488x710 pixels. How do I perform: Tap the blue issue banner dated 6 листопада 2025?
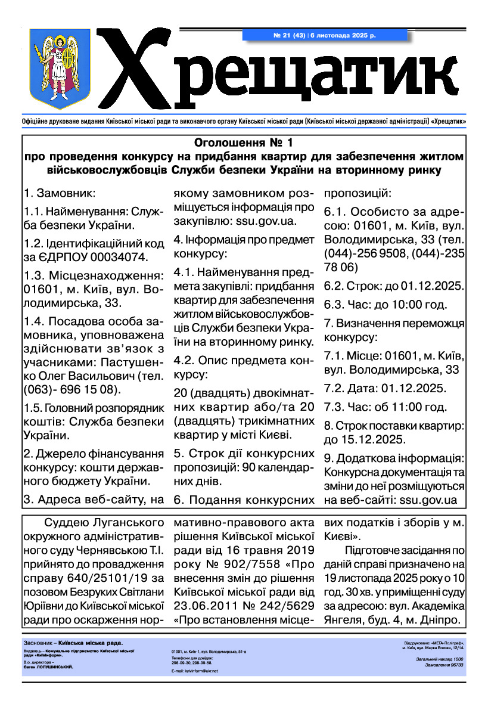[325, 36]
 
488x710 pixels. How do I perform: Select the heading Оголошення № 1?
[244, 143]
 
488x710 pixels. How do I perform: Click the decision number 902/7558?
[245, 563]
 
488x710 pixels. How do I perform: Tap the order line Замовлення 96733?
[445, 664]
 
